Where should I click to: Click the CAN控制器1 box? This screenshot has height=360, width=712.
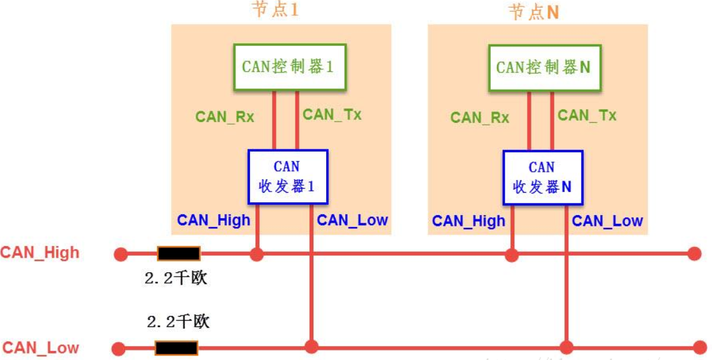point(289,67)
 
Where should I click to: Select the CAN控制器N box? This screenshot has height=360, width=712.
point(544,67)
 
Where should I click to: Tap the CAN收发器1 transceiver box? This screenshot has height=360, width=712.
point(287,177)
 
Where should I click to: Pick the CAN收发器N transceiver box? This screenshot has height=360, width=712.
point(542,177)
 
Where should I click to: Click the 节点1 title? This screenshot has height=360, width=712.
point(275,10)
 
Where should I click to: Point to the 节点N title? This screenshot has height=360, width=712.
point(533,11)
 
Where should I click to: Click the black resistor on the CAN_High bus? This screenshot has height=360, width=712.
point(179,254)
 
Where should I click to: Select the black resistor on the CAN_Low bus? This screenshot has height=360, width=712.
point(176,348)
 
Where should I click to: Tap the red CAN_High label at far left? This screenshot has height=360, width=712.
point(40,253)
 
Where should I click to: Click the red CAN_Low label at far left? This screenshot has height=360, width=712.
point(41,348)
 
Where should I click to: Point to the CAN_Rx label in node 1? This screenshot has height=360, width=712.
point(224,116)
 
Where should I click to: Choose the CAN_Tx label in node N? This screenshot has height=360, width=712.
point(587,115)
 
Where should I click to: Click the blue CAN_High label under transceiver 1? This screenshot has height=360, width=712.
point(214,220)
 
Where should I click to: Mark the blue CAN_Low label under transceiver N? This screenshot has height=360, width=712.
point(607,221)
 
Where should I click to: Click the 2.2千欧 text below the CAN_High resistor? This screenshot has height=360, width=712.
point(176,278)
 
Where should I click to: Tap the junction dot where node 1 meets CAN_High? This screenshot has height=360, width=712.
point(256,254)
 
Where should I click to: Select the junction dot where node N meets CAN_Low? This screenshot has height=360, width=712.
point(566,347)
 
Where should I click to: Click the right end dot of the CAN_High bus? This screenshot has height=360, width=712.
point(694,254)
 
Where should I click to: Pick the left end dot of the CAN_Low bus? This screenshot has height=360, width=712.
point(119,349)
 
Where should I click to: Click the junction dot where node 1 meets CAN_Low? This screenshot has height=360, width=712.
point(311,347)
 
